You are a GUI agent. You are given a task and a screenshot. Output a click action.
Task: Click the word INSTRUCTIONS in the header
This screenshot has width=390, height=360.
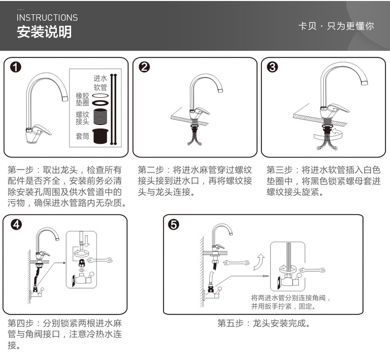point(47,18)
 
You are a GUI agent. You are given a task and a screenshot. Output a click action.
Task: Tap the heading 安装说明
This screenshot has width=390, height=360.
point(44,33)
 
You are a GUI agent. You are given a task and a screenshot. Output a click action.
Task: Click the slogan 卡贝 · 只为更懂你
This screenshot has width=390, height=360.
point(336,26)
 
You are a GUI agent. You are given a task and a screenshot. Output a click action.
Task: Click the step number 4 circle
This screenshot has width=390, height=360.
point(16,225)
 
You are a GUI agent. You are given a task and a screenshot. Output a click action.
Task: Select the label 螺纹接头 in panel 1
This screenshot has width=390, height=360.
point(82,118)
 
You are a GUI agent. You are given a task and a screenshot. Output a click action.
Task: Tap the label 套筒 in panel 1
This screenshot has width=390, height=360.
point(82,136)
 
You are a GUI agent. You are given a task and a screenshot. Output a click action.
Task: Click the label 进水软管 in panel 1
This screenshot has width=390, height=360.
point(100,83)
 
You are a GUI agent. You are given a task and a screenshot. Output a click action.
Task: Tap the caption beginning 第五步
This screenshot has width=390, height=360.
point(264,324)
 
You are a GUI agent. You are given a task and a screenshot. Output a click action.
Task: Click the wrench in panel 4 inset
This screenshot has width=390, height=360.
point(103,261)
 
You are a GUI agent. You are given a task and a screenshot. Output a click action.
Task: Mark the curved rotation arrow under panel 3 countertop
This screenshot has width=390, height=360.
point(326,134)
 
